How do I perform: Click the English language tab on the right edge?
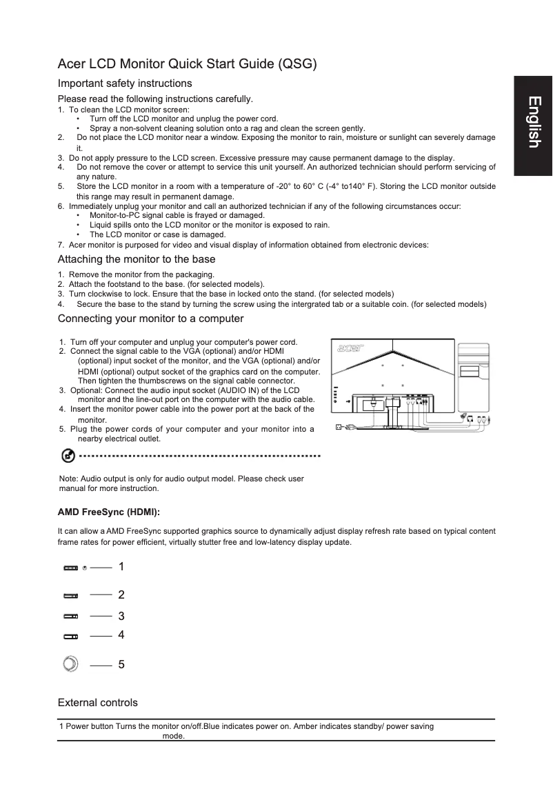tap(533, 123)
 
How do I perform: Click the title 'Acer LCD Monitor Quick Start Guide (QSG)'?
tap(188, 65)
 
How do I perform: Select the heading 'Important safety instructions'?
tap(125, 83)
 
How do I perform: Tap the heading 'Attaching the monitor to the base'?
tap(137, 259)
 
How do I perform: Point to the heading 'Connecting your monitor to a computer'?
tap(150, 319)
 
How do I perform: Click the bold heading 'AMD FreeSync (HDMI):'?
tap(109, 512)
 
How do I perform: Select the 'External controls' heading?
tap(98, 703)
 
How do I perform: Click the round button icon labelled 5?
tap(70, 664)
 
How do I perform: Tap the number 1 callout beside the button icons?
tap(121, 566)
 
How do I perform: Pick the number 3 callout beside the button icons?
tap(121, 615)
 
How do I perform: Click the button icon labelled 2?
tap(71, 594)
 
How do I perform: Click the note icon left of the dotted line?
tap(68, 456)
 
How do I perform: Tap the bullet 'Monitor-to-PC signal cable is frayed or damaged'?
tap(177, 215)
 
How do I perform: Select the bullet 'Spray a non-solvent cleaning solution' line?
tap(227, 128)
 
